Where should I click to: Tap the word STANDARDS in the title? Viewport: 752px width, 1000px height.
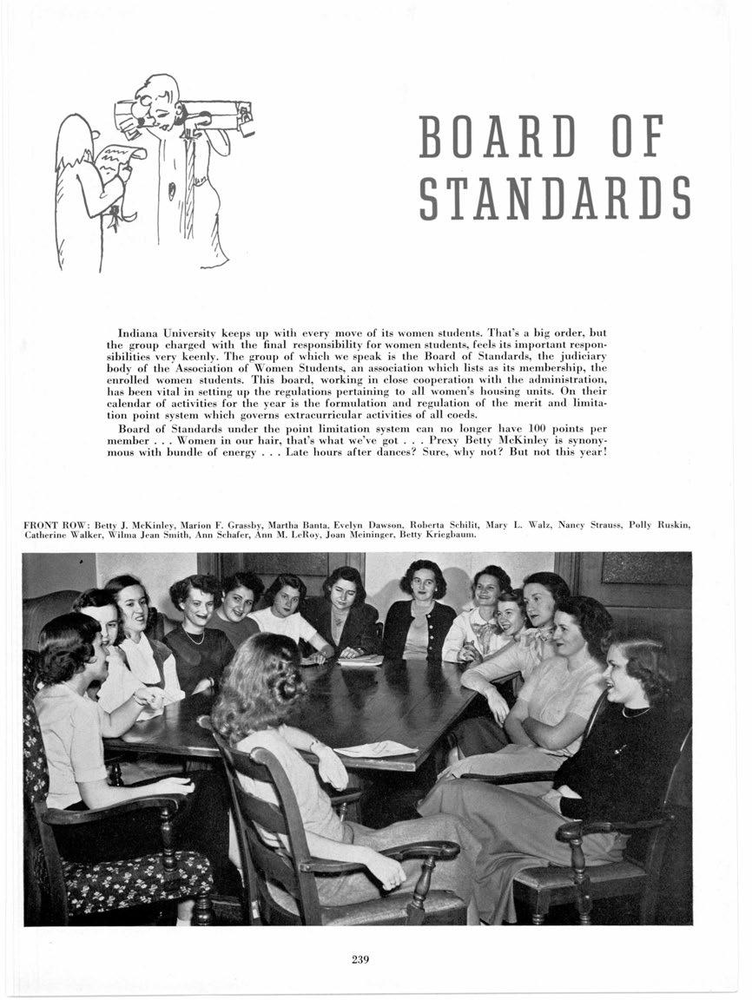click(x=554, y=198)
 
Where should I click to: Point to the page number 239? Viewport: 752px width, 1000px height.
click(x=361, y=958)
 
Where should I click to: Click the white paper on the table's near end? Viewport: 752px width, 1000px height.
click(x=375, y=748)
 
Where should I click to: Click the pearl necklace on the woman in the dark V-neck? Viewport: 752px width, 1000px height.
click(x=192, y=638)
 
